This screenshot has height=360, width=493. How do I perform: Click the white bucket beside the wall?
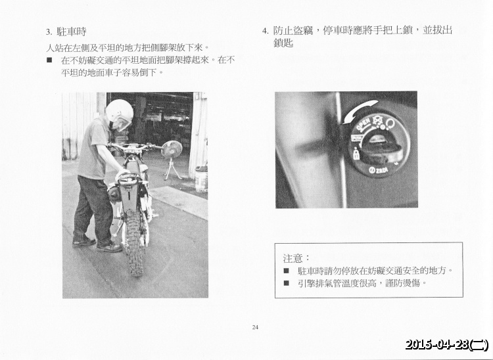pos(201,177)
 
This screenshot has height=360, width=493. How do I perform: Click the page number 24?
pos(254,326)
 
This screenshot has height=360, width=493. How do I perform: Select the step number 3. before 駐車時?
pos(49,32)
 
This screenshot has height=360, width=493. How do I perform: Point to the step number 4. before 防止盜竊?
pos(264,31)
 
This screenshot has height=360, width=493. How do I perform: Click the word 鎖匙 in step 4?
pos(283,43)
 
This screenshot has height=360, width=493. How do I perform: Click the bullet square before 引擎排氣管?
pos(287,283)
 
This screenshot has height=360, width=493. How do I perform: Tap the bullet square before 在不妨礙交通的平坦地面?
pos(49,60)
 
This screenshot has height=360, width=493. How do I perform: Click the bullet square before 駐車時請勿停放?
pos(287,270)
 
